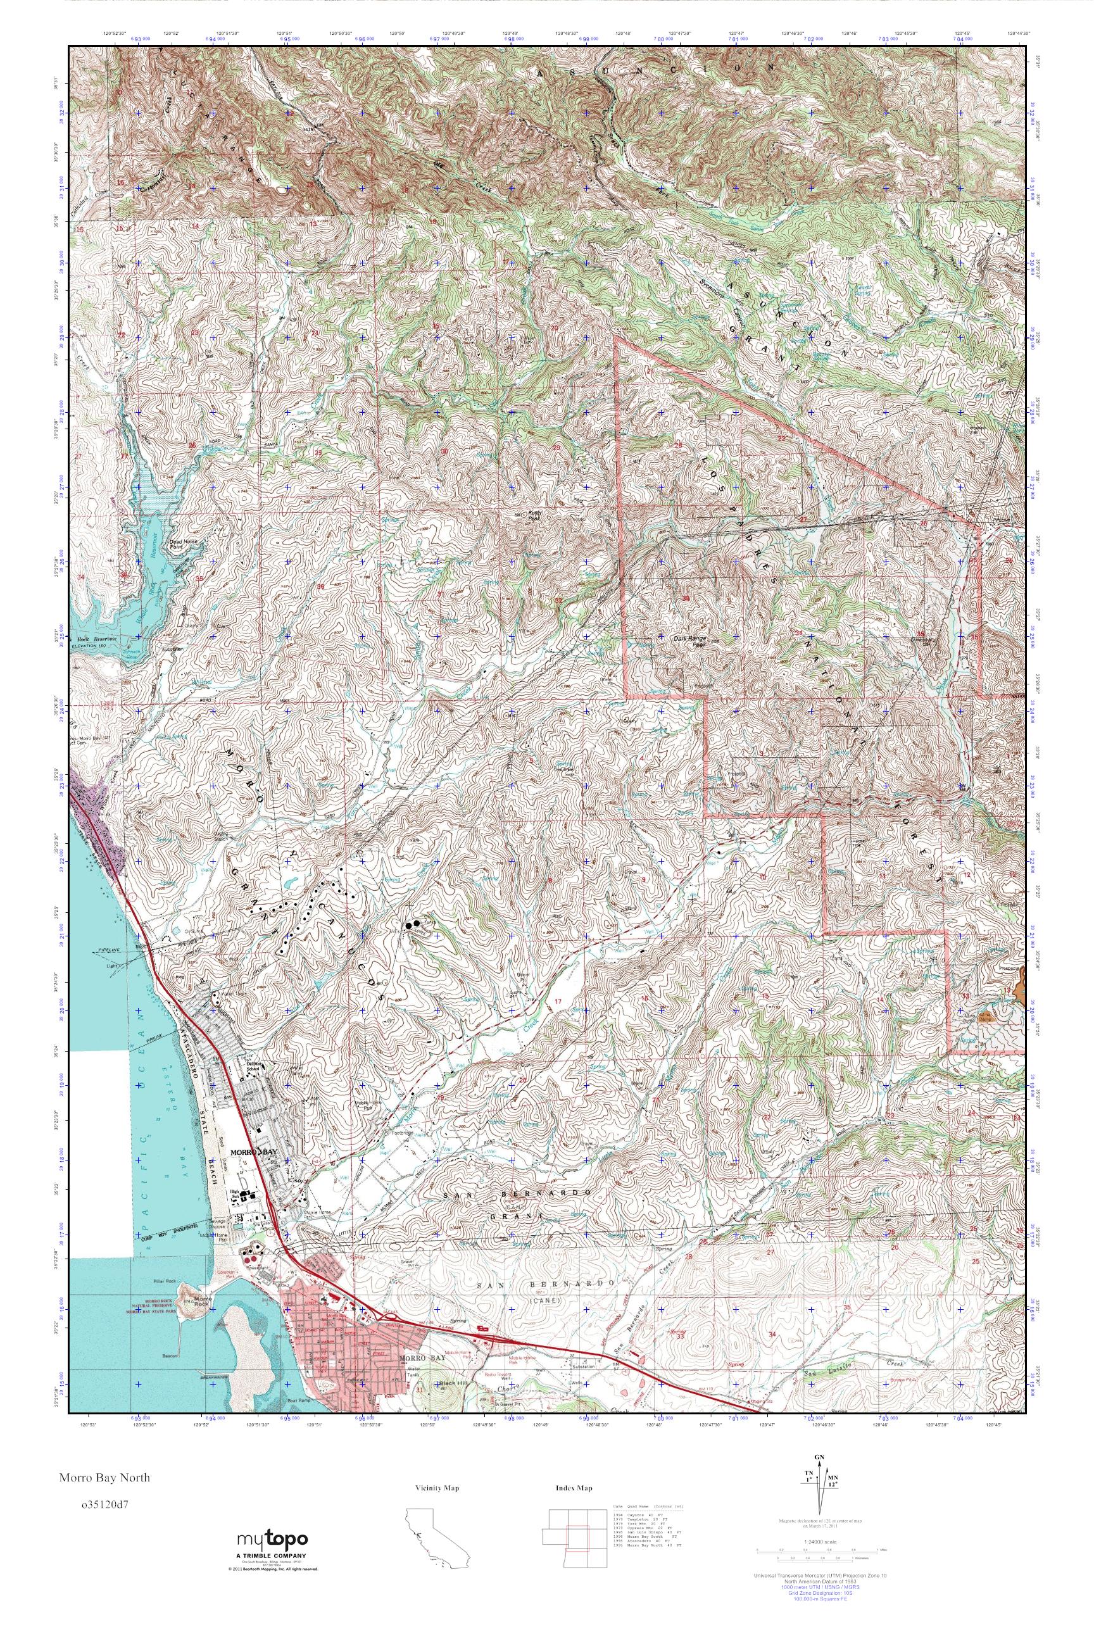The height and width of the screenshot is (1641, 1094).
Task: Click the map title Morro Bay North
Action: [x=104, y=1477]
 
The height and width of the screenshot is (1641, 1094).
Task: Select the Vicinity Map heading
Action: [x=437, y=1488]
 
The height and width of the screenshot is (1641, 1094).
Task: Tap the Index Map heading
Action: [x=574, y=1488]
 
